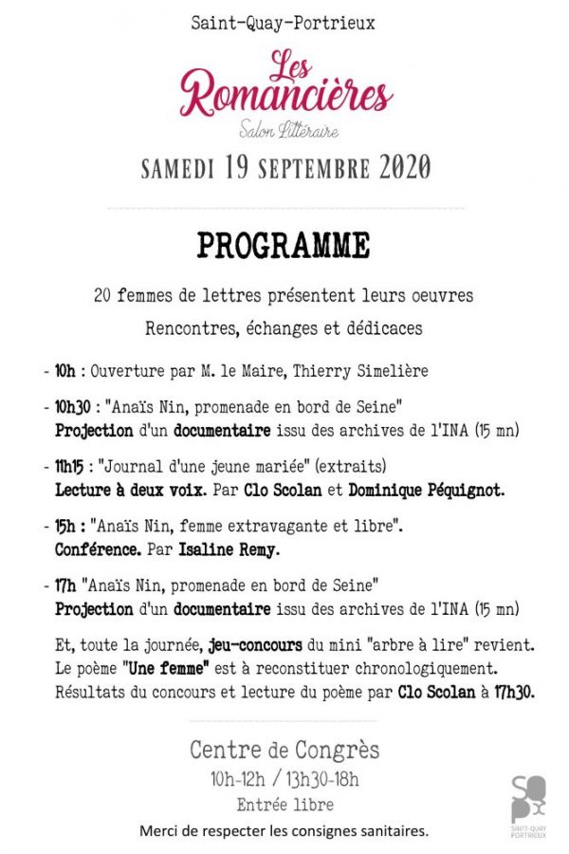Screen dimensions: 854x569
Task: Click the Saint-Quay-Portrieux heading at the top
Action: pos(283,23)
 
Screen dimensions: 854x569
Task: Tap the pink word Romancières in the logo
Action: pos(286,95)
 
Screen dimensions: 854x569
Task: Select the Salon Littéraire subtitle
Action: pos(288,131)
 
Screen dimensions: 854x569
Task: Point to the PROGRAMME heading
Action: pos(284,247)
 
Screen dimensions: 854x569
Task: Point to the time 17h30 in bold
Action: pos(511,693)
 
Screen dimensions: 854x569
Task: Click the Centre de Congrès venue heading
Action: pos(284,750)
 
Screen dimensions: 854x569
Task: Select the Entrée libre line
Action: pos(284,805)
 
